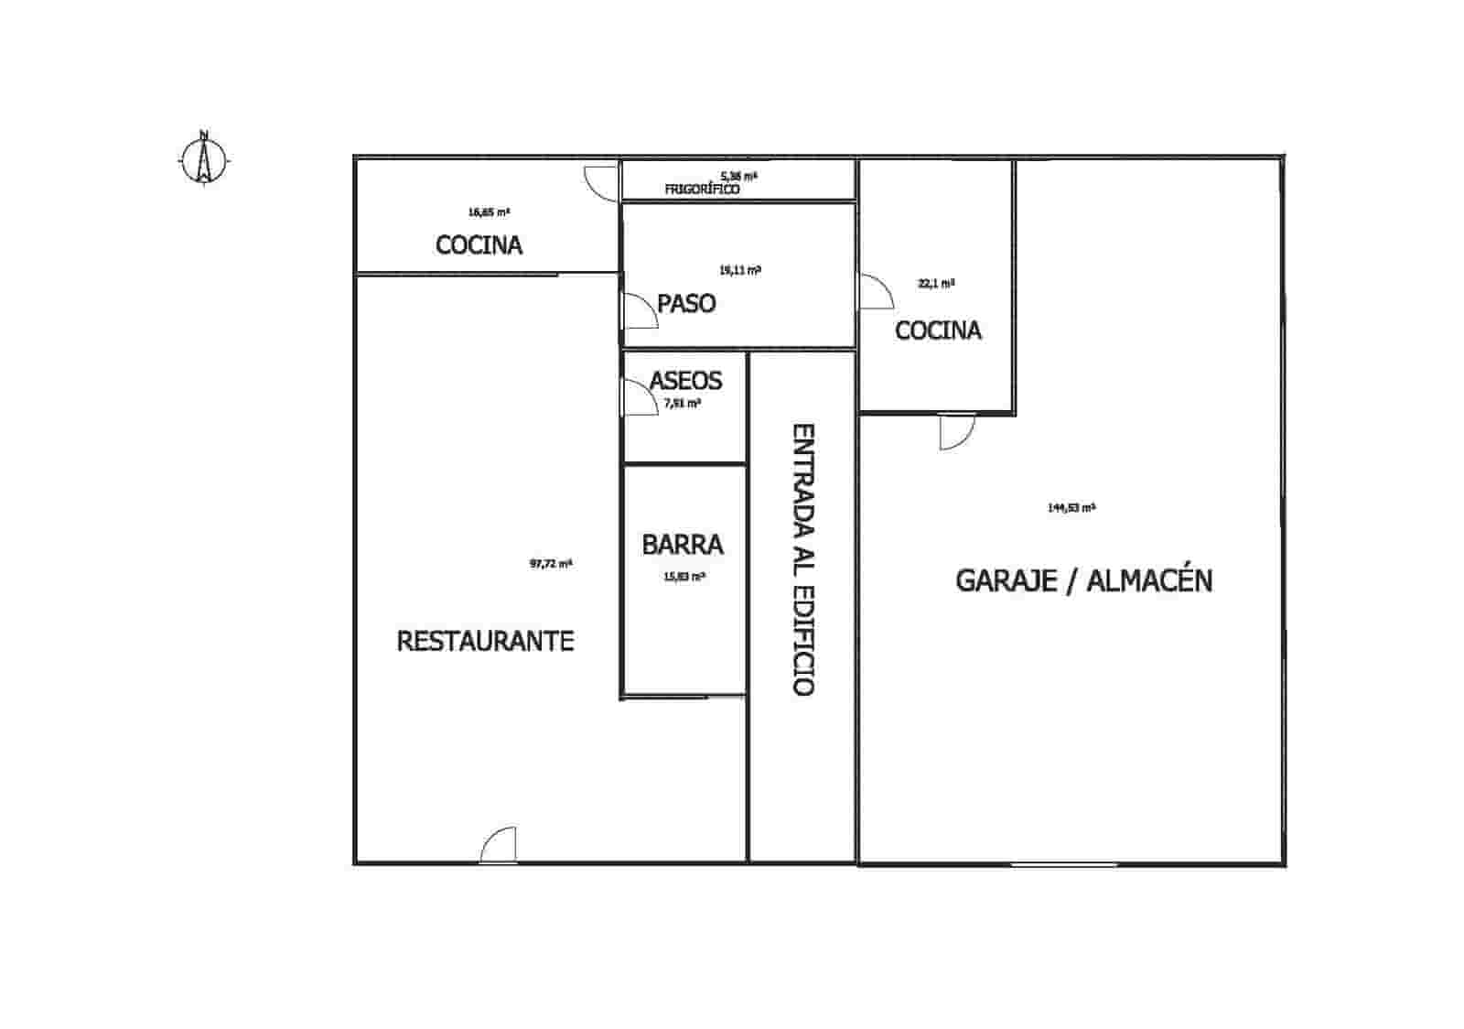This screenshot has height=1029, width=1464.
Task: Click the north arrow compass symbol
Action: point(204,159)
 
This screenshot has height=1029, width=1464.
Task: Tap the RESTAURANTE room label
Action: point(485,641)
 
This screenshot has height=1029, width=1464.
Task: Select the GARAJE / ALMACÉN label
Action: point(1084,580)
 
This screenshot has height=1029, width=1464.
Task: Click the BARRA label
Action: point(683,545)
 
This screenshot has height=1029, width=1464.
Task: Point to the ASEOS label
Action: point(685,380)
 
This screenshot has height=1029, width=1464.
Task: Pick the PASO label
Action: point(686,303)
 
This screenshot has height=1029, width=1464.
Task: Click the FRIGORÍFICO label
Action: point(702,190)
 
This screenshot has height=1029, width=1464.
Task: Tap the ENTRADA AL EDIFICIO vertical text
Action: point(802,559)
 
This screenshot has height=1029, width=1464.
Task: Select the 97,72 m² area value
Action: point(551,564)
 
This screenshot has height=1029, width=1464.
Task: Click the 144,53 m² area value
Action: point(1071,507)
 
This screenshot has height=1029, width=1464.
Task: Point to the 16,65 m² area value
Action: point(489,211)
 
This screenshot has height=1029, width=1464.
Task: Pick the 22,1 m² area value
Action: point(936,284)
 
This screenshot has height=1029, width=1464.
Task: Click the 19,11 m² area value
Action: point(740,270)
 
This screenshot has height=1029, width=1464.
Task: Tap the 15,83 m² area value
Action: point(684,577)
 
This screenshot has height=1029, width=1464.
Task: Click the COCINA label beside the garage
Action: point(938,330)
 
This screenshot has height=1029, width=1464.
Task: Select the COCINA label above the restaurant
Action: point(479,245)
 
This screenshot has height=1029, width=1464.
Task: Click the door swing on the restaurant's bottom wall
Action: point(498,845)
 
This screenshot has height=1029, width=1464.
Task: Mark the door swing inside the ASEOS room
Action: point(640,398)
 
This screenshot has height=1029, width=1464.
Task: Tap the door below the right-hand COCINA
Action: point(958,432)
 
